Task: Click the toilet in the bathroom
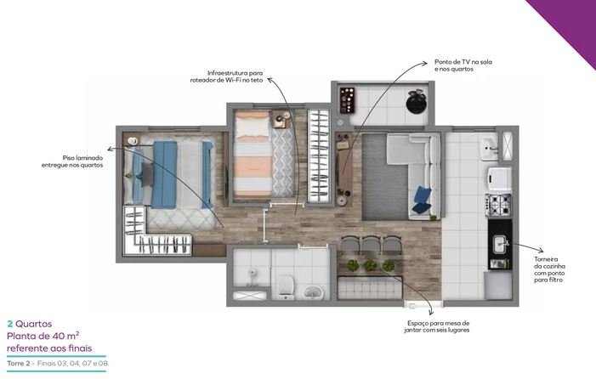(285, 287)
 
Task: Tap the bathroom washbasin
(313, 292)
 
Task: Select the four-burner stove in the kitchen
(498, 206)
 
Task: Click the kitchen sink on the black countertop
(500, 244)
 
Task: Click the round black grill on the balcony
(417, 101)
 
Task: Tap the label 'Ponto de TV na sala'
(463, 62)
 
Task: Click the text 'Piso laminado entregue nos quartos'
(72, 161)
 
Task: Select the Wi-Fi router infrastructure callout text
(226, 76)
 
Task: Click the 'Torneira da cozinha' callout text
(549, 269)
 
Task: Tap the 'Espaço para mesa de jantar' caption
(437, 326)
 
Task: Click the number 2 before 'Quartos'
(10, 324)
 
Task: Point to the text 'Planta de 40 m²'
(43, 337)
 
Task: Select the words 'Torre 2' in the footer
(18, 364)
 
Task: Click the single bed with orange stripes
(253, 154)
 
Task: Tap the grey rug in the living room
(384, 177)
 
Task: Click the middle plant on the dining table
(370, 265)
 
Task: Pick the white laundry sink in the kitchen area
(489, 149)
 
